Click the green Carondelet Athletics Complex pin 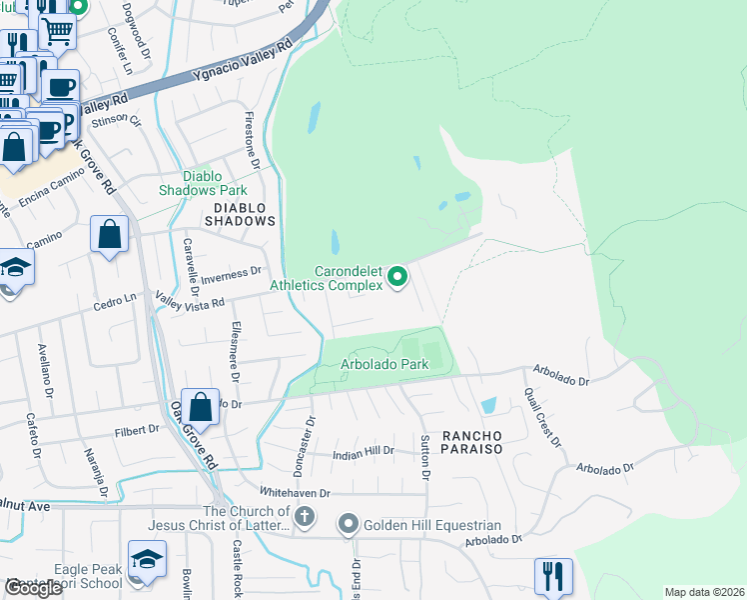397,277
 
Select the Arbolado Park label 384,365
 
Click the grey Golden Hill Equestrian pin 349,524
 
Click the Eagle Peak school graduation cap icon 147,560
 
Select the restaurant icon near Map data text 553,576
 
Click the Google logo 33,588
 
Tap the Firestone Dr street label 254,139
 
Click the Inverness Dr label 233,271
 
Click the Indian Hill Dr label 362,452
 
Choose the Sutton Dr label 424,456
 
